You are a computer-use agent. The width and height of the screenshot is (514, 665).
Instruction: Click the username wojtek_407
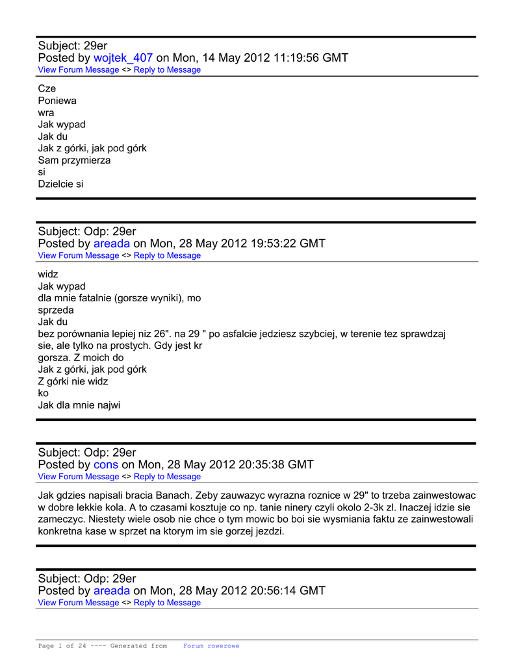[x=123, y=58]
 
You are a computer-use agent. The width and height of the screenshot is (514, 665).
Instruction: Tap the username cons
[x=106, y=464]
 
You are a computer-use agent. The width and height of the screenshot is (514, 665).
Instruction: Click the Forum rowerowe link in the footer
[x=211, y=646]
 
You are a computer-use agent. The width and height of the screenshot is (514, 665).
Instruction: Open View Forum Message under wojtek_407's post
[x=79, y=69]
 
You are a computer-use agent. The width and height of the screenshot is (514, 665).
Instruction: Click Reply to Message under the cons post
[x=167, y=476]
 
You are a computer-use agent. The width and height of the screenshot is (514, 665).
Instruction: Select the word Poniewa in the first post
[x=57, y=101]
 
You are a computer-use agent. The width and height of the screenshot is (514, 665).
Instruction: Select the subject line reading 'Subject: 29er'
[x=73, y=45]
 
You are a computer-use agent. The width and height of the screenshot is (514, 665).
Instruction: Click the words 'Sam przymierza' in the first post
[x=74, y=160]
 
